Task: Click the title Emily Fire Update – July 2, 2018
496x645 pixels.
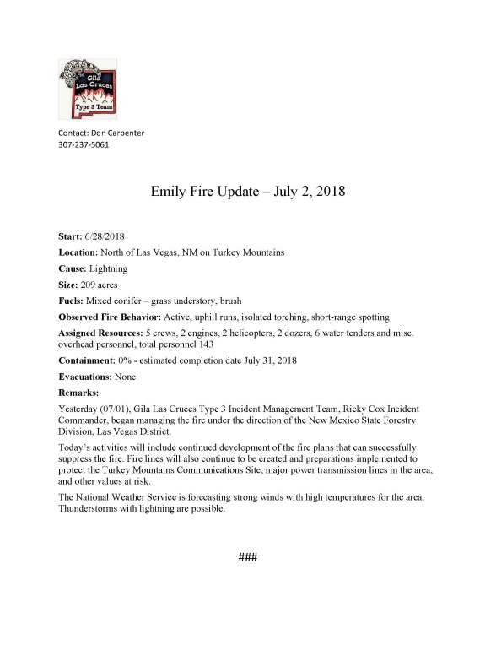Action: coord(248,192)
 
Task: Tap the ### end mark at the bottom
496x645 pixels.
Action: coord(247,558)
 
